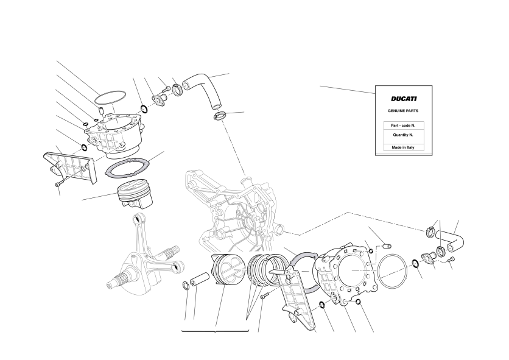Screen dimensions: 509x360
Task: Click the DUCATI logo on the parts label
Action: pos(404,99)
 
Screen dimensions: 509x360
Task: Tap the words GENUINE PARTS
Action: pos(403,111)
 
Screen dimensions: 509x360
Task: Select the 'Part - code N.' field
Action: pos(403,125)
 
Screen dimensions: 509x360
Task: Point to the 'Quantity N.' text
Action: pos(403,135)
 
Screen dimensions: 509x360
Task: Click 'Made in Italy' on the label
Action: pos(403,147)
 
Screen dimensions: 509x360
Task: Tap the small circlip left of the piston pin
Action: pos(186,285)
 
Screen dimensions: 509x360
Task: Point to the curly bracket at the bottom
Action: pos(215,331)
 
